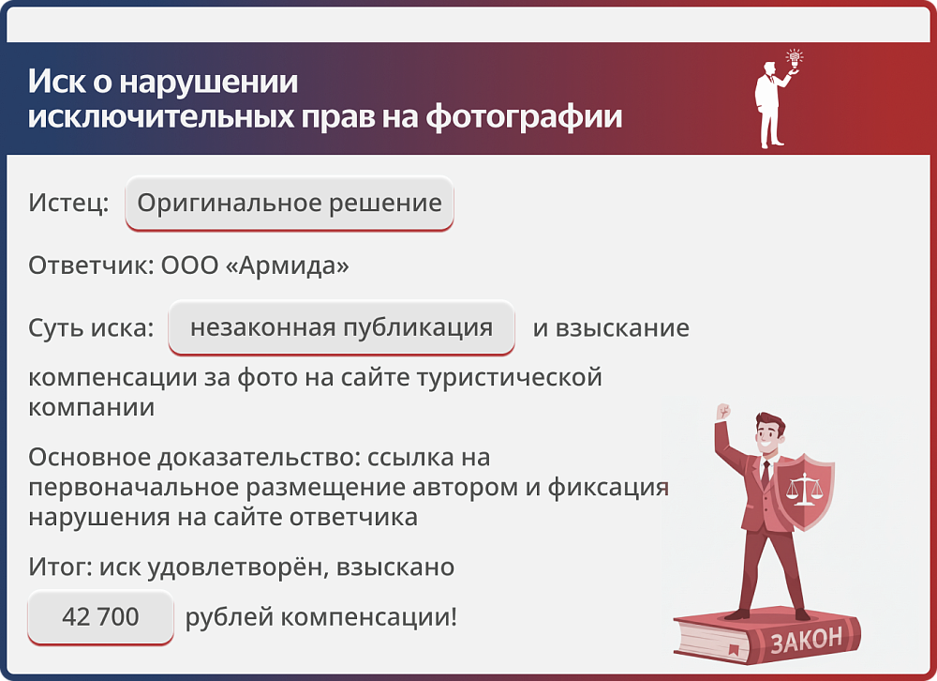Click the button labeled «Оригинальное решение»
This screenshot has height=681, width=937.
289,204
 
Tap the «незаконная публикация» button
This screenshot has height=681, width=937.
341,328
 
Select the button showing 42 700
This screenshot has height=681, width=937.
100,617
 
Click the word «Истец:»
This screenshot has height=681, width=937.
68,204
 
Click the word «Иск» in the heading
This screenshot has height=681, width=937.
50,82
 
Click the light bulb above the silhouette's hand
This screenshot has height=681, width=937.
795,57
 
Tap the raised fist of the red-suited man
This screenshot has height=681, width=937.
721,413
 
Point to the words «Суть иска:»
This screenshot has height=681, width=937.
91,328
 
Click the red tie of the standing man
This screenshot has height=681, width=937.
766,473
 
